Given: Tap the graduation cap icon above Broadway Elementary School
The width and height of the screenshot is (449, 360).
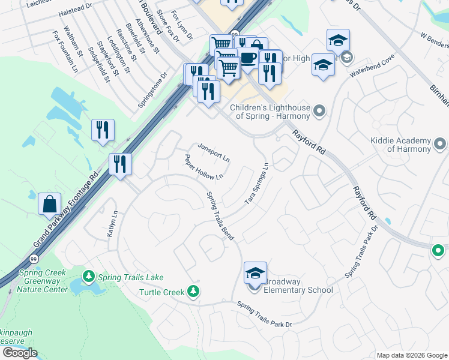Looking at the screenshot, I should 255,274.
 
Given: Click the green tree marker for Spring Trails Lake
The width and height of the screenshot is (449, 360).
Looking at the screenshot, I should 89,277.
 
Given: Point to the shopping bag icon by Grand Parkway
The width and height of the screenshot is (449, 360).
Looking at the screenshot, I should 49,204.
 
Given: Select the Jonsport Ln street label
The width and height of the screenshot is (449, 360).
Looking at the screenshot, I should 214,153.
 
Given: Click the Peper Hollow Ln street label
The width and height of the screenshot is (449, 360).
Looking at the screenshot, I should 204,167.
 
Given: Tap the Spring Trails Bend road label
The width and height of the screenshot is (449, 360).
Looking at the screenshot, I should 219,213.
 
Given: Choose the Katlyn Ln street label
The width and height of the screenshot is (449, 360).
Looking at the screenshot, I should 111,223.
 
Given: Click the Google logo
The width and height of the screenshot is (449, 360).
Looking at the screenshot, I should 20,353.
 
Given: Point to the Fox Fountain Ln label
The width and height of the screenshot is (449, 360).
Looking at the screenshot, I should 65,52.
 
